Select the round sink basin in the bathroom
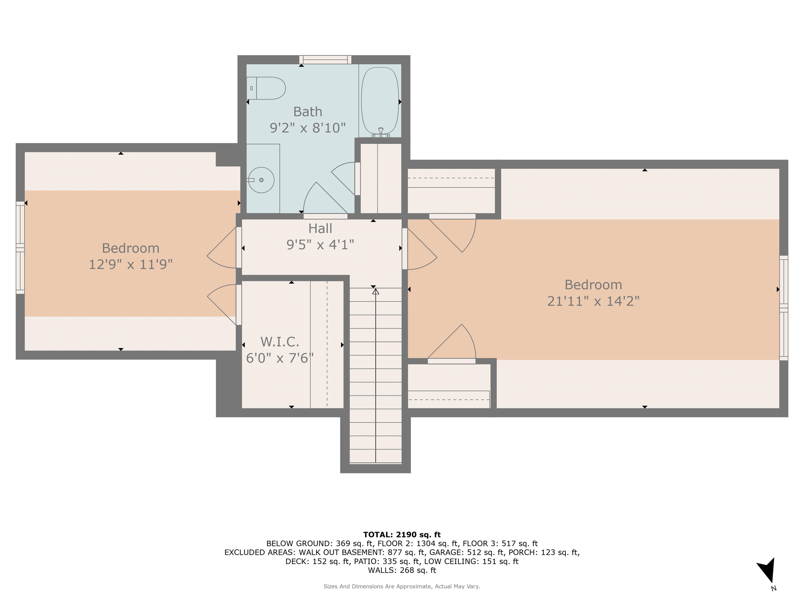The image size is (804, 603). (261, 180)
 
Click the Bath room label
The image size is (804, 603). (308, 111)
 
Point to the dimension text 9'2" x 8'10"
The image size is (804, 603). (308, 128)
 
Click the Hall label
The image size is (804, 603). (320, 229)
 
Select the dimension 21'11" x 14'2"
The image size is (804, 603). (593, 301)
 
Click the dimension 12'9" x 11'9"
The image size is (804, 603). (131, 264)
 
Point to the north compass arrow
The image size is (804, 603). (767, 570)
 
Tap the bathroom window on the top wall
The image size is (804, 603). (325, 60)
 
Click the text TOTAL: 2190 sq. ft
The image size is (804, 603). (402, 535)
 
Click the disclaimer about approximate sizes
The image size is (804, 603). (402, 586)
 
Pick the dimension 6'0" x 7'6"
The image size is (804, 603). (280, 358)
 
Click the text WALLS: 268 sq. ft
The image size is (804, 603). (402, 570)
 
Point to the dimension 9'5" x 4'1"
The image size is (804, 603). (320, 245)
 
